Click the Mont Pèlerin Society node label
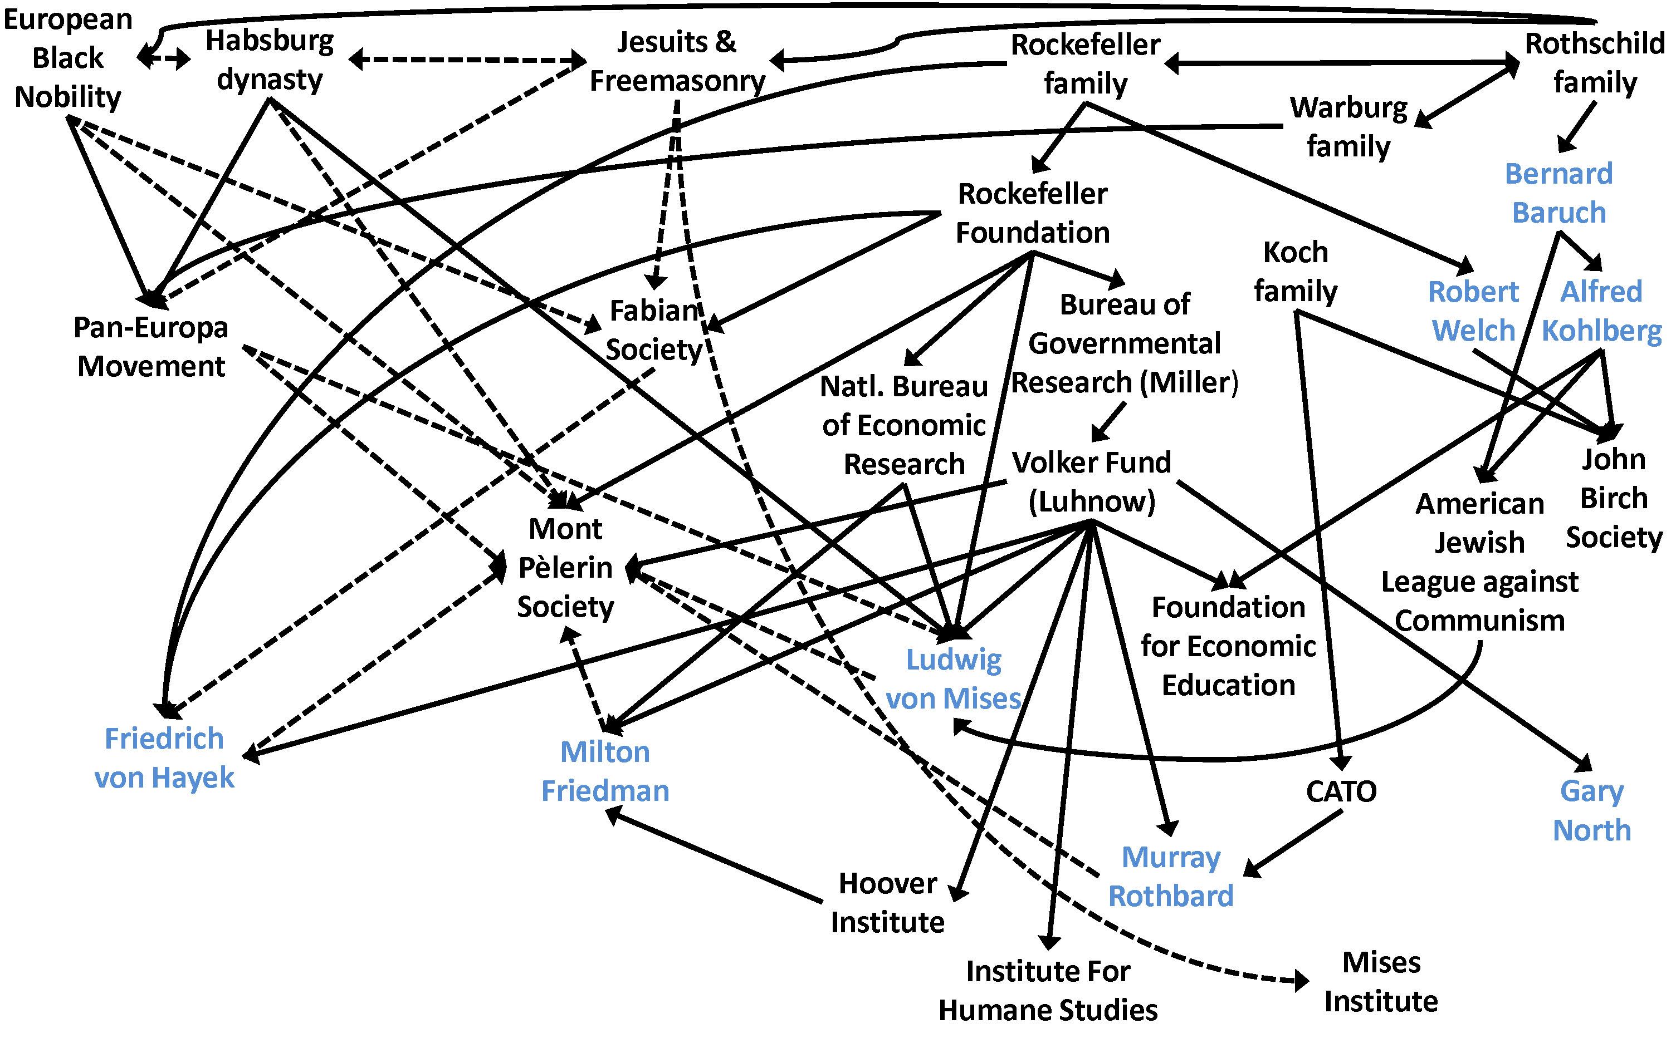565,567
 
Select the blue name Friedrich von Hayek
164,757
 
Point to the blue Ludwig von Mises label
953,679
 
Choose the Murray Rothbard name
1171,876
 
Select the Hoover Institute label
888,902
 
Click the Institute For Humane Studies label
1048,991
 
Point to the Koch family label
1296,271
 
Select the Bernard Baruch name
1558,193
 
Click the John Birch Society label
1614,498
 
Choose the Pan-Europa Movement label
151,346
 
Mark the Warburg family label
1348,127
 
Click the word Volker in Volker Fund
1052,462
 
